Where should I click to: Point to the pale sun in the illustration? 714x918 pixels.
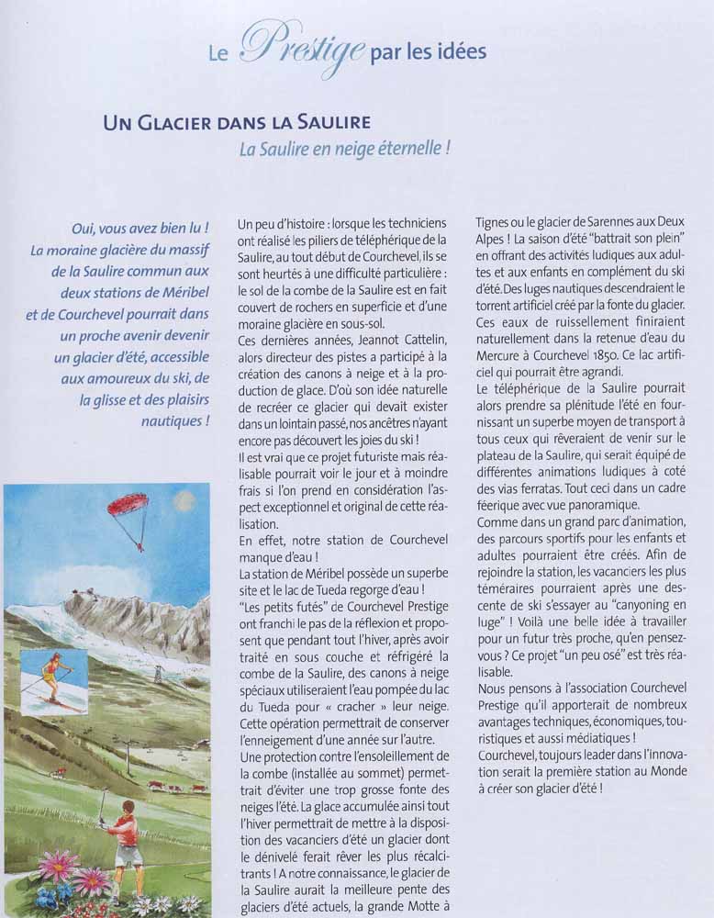pos(184,500)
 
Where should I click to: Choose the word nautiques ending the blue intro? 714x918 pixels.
pos(175,421)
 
